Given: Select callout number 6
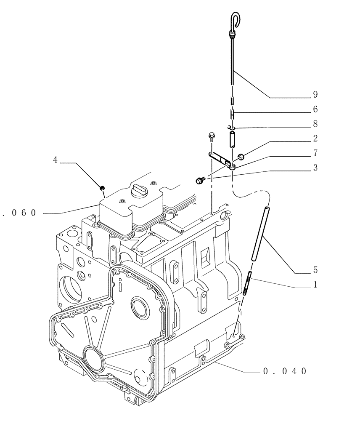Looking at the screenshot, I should [x=315, y=109].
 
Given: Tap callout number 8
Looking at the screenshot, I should [x=315, y=124].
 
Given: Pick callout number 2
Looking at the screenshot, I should [x=315, y=139].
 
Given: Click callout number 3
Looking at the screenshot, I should [x=315, y=167].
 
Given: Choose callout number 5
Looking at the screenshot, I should [x=315, y=270].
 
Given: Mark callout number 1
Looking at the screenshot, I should [x=315, y=285].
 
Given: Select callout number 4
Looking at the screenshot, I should [x=55, y=160].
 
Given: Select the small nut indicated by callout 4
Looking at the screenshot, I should [x=102, y=187].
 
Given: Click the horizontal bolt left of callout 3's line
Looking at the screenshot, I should [x=200, y=181].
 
